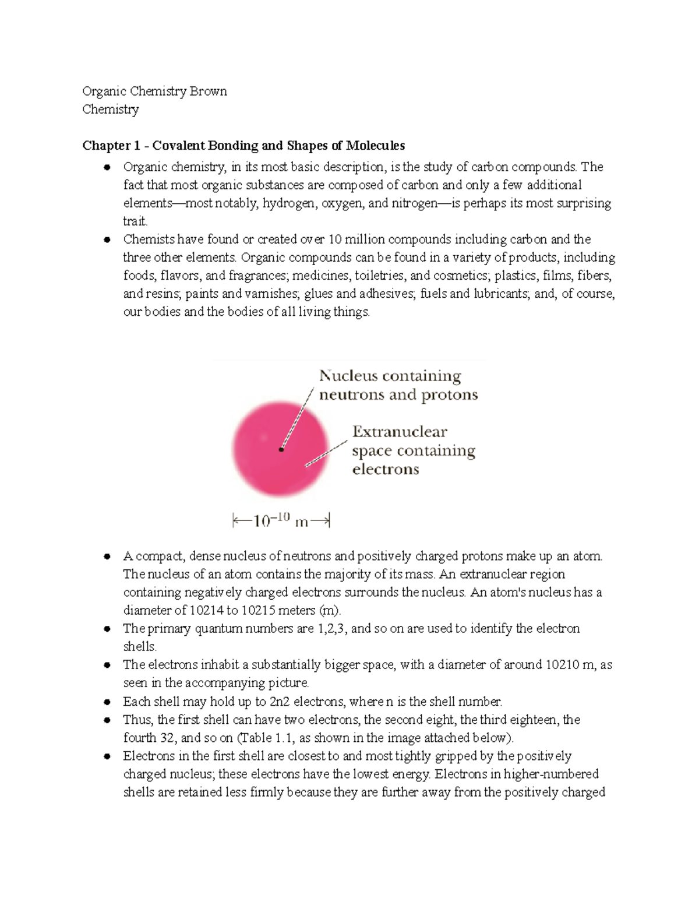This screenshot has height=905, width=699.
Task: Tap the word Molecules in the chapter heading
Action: coord(375,146)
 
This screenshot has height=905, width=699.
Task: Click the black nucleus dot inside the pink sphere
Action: coord(281,449)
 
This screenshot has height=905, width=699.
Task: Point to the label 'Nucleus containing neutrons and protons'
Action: coord(398,385)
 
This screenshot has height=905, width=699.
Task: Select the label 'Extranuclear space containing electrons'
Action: coord(414,450)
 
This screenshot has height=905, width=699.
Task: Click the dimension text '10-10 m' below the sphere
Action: coord(281,520)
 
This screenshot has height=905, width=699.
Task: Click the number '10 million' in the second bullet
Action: coord(356,240)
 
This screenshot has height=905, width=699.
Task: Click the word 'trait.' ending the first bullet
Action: coord(135,221)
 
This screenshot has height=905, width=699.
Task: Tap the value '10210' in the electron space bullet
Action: coord(562,665)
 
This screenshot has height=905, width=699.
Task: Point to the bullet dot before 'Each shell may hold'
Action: coord(107,702)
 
